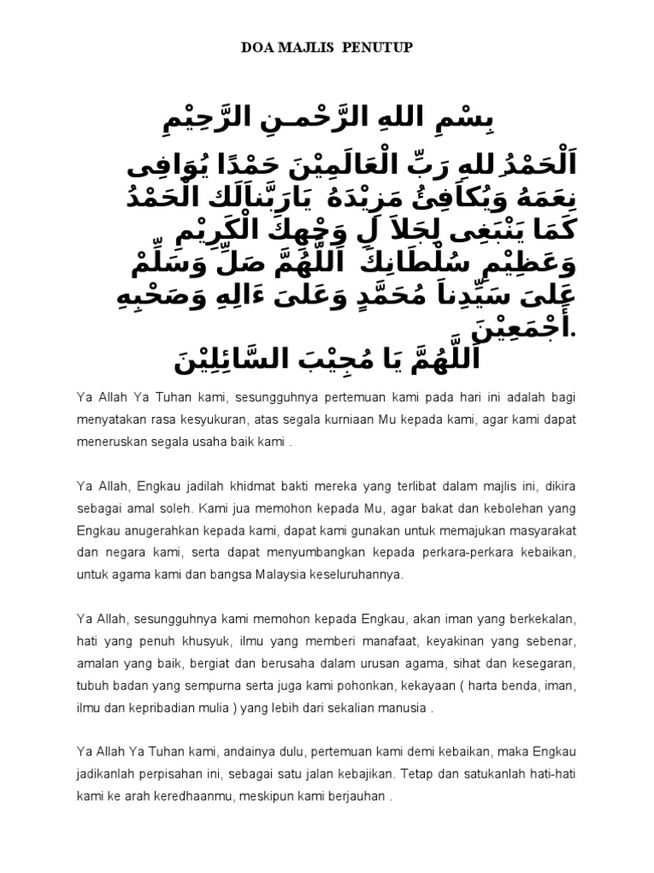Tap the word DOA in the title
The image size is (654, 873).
point(258,49)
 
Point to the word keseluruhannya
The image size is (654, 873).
point(360,575)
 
